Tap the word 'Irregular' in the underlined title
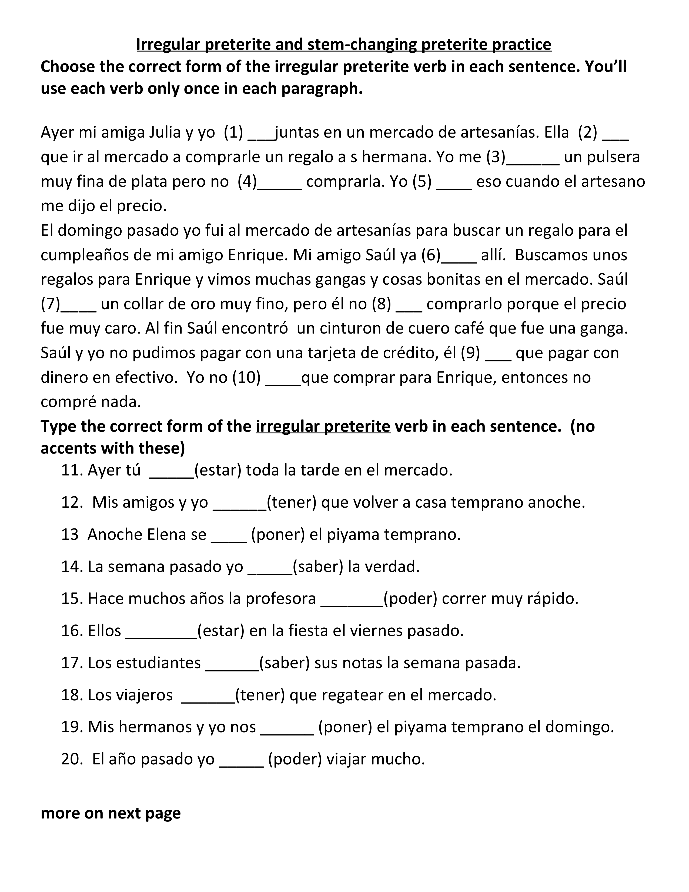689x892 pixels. coord(168,44)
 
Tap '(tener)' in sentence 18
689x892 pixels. coord(260,695)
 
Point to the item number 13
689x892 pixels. coord(69,535)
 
